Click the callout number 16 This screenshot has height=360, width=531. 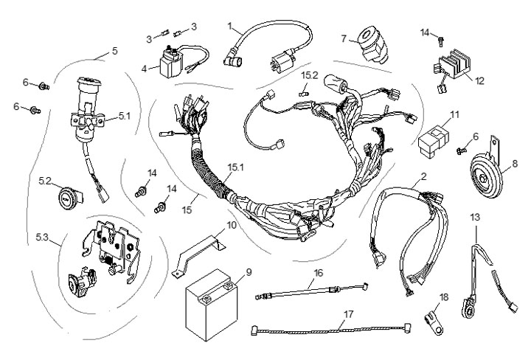(318, 272)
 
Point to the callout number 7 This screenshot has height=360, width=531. (344, 37)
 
